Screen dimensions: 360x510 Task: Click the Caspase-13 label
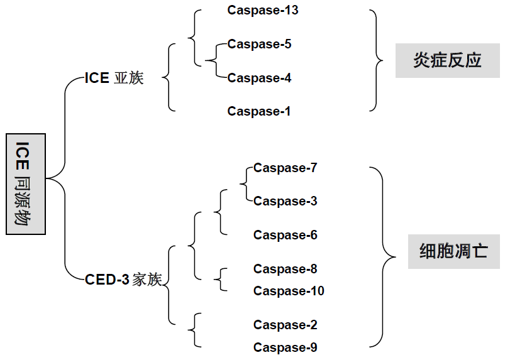263,10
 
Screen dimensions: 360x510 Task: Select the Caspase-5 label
259,45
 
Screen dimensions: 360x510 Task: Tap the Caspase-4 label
259,79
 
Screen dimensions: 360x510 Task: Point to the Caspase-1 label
259,112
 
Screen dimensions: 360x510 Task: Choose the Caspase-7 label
285,168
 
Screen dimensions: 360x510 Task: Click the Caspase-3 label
285,202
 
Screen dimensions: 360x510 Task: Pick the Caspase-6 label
285,236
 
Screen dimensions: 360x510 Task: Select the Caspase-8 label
285,270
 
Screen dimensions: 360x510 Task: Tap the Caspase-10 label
289,292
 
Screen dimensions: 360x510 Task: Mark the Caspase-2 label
285,325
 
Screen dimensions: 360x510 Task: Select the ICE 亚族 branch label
114,79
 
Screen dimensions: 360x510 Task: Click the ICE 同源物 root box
26,184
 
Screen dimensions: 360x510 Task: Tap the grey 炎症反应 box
447,60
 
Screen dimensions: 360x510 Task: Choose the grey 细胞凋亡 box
453,251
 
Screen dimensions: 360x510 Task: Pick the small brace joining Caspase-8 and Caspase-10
220,280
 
